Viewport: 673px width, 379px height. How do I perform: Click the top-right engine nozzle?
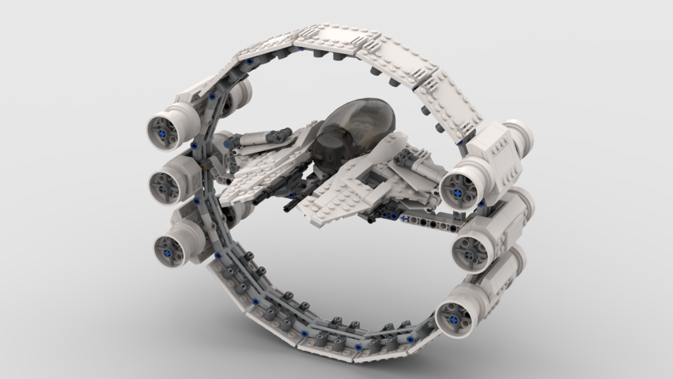click(459, 191)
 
